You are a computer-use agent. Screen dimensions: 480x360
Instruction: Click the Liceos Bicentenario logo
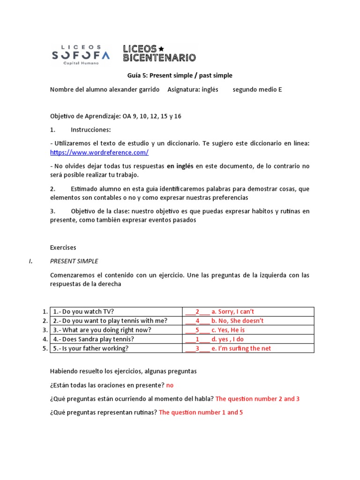(159, 53)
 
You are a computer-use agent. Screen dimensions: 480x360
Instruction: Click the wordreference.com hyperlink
(99, 152)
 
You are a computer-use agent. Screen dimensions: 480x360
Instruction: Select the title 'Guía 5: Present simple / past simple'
(180, 75)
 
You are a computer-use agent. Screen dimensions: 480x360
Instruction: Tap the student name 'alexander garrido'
(136, 89)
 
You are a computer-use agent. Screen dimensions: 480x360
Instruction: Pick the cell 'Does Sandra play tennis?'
(93, 339)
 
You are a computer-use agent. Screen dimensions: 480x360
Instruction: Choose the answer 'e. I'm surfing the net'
(241, 348)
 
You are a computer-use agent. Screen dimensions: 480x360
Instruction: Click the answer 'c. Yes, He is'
(228, 330)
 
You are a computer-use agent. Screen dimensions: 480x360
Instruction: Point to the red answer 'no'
(170, 385)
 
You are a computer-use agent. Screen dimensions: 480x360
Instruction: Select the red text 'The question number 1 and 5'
(201, 412)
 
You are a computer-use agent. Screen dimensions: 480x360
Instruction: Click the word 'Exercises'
(63, 247)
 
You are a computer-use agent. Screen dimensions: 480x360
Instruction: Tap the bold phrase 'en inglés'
(180, 166)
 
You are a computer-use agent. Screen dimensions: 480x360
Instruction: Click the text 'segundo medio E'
(257, 89)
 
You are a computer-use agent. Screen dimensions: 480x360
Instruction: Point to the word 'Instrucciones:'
(91, 129)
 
